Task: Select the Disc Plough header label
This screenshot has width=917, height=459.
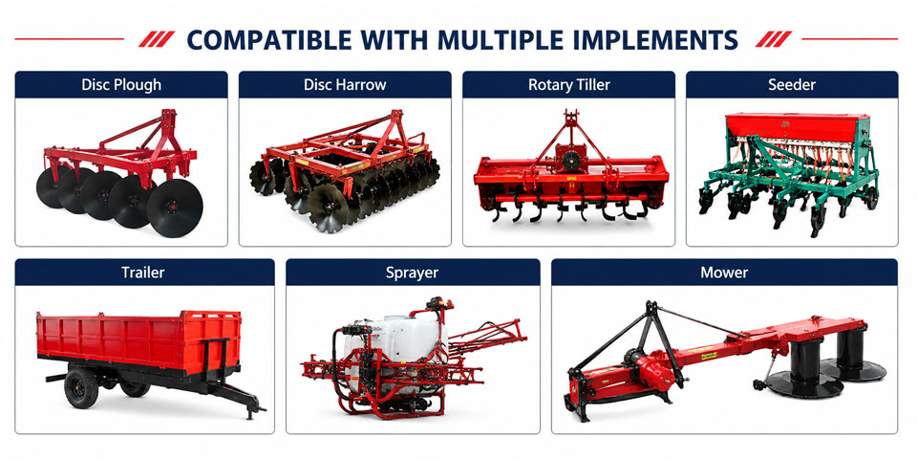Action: tap(121, 85)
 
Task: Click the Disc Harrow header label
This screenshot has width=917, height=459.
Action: tap(345, 85)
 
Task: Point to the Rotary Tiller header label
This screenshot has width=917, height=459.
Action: tap(569, 85)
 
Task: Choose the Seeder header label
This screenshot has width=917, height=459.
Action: tap(792, 85)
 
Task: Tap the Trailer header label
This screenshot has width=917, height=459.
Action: tap(143, 273)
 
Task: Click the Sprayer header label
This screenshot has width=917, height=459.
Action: tap(413, 273)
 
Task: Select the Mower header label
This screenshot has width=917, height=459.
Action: tap(724, 273)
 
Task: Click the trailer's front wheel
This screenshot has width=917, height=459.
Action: tap(81, 388)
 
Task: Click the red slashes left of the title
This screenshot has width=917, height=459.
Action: tap(157, 39)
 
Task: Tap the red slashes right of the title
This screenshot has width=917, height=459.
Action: tap(774, 39)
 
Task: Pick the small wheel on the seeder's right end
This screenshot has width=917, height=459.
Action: tap(871, 198)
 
